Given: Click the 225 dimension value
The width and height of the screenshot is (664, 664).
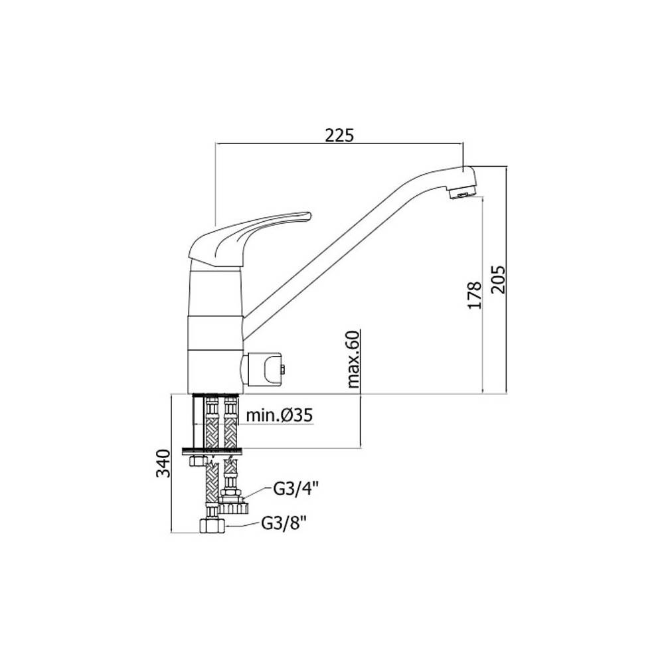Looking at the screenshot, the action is coord(339,135).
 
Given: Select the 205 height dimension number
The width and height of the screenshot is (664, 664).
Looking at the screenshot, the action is coord(499,280).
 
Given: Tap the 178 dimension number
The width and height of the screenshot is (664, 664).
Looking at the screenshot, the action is coord(475,295).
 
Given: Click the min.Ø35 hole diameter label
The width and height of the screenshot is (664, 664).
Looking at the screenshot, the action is coord(280,416).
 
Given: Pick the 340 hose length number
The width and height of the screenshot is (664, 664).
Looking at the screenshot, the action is coord(163,463).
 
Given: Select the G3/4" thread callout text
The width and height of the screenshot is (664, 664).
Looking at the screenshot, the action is coord(295,489).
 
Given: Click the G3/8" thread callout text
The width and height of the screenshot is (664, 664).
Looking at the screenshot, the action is coord(284,523).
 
